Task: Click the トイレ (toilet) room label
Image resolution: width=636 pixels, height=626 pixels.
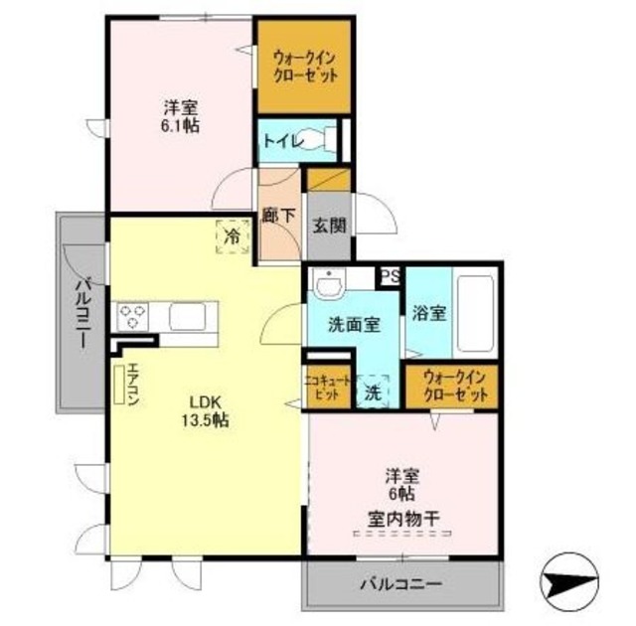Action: (x=281, y=141)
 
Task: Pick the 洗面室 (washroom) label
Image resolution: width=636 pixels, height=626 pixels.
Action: (x=355, y=323)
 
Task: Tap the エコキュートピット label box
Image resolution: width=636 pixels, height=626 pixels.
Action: (x=327, y=385)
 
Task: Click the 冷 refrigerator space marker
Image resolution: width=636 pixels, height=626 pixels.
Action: (x=232, y=236)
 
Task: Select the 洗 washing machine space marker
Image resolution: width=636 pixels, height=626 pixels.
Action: (x=372, y=391)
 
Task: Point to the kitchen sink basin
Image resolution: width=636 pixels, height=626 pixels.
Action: (x=187, y=317)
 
